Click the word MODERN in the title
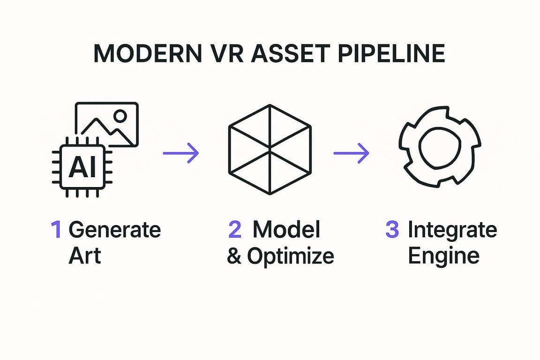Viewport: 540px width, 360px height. [x=148, y=53]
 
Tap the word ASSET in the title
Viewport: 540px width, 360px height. [x=291, y=53]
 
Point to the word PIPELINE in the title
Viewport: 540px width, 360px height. [x=391, y=53]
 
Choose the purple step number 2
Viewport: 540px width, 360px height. [x=235, y=229]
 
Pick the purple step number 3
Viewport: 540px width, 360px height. [x=392, y=229]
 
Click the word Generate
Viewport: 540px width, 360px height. [x=115, y=229]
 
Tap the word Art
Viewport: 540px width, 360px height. [x=85, y=255]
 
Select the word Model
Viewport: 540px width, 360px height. [x=286, y=229]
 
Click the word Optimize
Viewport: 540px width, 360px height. [x=291, y=257]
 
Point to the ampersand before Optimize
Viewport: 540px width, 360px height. [x=234, y=255]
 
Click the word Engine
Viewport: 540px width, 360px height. [x=443, y=256]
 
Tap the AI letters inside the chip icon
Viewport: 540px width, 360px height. [x=82, y=167]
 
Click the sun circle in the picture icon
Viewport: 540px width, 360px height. [x=120, y=116]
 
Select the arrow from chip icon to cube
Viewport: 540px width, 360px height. [x=181, y=153]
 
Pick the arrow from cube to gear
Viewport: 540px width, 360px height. [x=351, y=153]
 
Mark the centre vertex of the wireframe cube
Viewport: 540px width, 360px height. [x=270, y=150]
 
